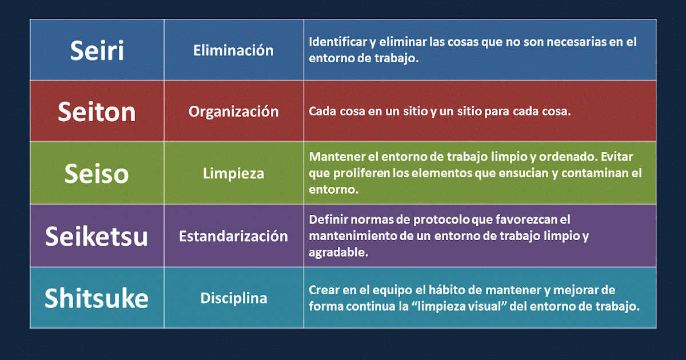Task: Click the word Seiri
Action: (x=97, y=50)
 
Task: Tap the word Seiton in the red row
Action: (x=97, y=111)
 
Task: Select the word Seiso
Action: (x=97, y=173)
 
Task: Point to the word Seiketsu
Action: (x=97, y=235)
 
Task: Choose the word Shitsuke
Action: (x=97, y=298)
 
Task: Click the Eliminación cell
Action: (x=233, y=50)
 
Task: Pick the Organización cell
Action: (x=233, y=111)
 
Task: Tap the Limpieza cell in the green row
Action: (x=233, y=173)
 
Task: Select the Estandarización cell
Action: (x=233, y=235)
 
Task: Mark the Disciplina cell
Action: (x=233, y=298)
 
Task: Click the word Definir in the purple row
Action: (x=327, y=219)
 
